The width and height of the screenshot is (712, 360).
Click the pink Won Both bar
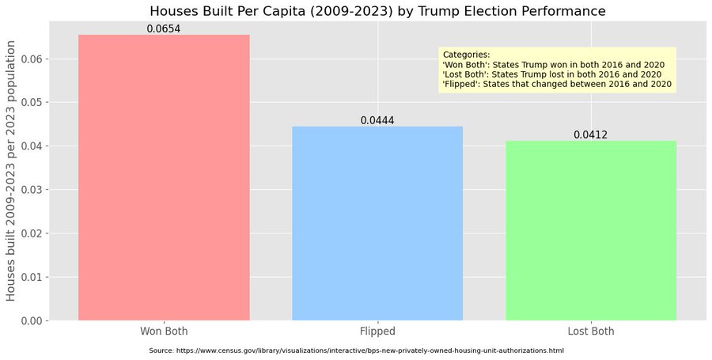coord(164,177)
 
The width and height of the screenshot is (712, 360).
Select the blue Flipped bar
coord(377,223)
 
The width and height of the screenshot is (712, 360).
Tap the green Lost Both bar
coord(591,230)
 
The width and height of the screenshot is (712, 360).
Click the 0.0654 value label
coord(164,29)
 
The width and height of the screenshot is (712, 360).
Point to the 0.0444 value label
coord(377,121)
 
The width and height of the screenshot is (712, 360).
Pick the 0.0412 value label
coord(590,135)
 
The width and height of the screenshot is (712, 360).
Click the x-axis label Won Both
coord(164,331)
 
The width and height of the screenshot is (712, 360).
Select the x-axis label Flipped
coord(377,332)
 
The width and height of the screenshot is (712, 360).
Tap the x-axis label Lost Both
coord(590,331)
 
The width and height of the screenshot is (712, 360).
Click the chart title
coord(377,11)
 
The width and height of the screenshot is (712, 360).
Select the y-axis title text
coord(11,171)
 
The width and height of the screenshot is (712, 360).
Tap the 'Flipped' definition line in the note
coord(557,85)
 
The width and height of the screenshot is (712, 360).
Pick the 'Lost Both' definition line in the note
coord(552,74)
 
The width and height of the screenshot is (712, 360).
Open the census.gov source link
coord(370,351)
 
